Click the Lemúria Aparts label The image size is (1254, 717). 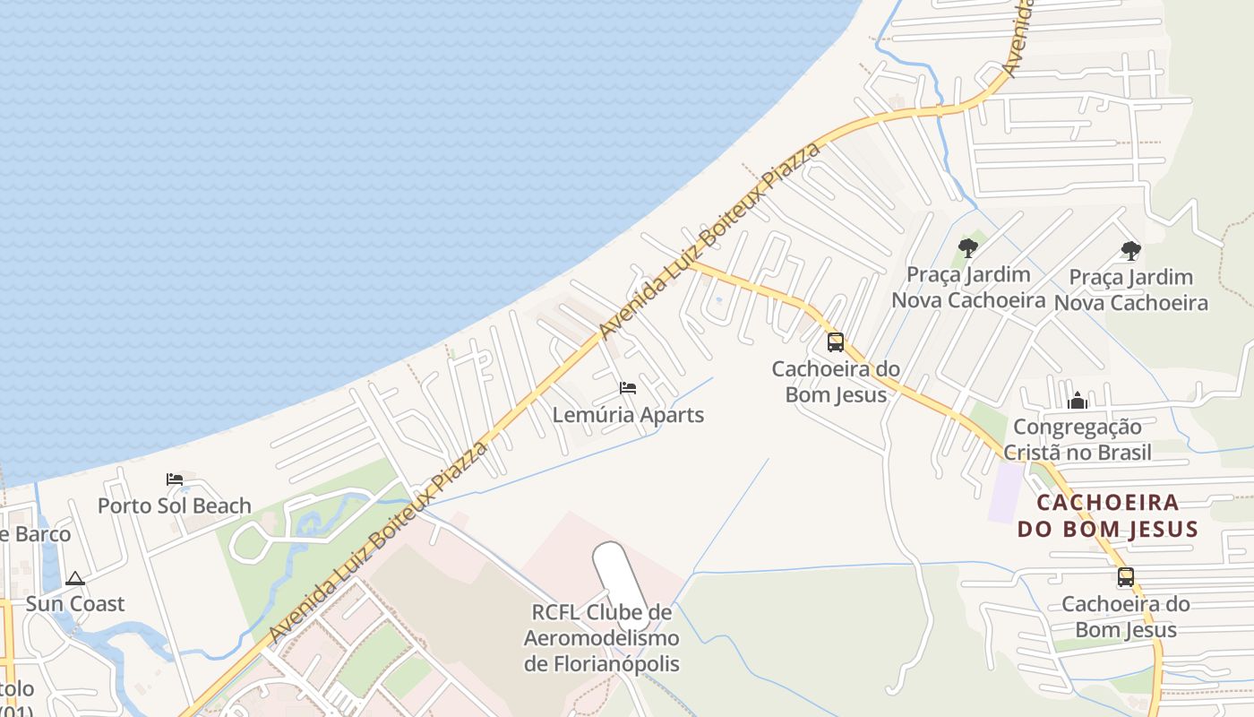[x=628, y=415]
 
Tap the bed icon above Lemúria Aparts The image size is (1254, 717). [x=628, y=388]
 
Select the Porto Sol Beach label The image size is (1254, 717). [x=174, y=505]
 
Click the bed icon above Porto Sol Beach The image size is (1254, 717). [x=175, y=479]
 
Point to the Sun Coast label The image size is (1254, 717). [x=74, y=603]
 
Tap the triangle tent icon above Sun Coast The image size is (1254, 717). [x=74, y=578]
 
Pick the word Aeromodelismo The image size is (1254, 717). [x=601, y=638]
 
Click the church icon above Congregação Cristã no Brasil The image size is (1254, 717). [x=1078, y=400]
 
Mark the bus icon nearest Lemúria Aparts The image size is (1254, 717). [x=835, y=341]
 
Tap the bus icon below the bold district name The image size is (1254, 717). [x=1125, y=577]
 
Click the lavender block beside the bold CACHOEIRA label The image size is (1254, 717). [x=1005, y=492]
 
